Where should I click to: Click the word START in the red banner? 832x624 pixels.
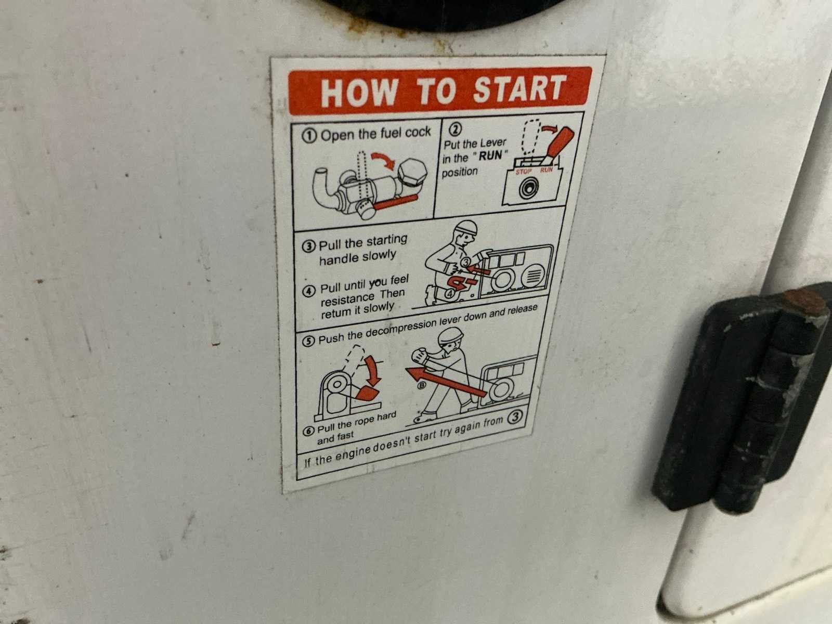click(x=519, y=88)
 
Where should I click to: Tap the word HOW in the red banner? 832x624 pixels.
click(x=359, y=93)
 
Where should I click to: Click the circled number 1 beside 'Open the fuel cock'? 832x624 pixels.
click(x=309, y=136)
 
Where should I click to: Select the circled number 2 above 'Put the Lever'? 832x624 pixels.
click(x=455, y=129)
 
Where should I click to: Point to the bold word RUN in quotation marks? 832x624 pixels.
click(x=490, y=155)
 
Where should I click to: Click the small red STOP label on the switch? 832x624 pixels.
click(x=524, y=172)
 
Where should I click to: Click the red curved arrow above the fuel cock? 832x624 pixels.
click(x=384, y=160)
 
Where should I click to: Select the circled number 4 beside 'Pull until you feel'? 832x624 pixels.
click(x=309, y=291)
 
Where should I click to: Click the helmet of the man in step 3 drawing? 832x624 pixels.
click(x=465, y=227)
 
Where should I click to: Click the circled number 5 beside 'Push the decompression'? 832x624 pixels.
click(x=308, y=341)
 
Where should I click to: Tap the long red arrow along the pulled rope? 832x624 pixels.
click(x=445, y=382)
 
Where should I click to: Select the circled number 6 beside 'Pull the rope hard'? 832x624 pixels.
click(x=309, y=431)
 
